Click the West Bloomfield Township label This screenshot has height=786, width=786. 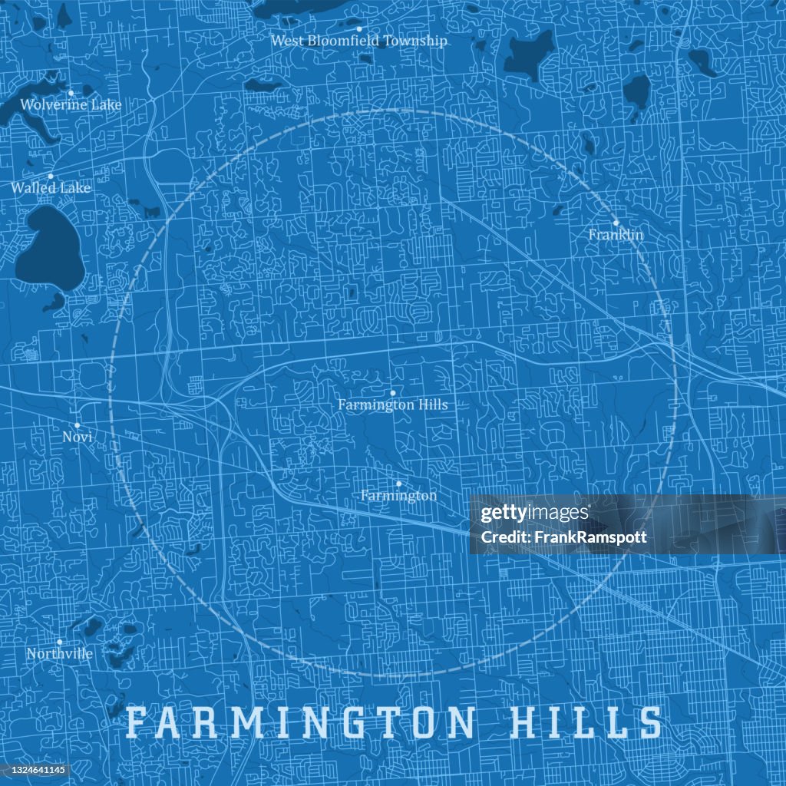click(x=358, y=41)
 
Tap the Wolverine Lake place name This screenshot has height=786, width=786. click(x=71, y=104)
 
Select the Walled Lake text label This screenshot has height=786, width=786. click(x=51, y=188)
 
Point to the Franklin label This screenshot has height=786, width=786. click(x=616, y=235)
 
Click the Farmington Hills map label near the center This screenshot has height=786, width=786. click(x=392, y=405)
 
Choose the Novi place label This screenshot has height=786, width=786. click(x=78, y=437)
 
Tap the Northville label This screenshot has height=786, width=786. click(x=59, y=654)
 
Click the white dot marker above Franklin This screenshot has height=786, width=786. click(x=616, y=223)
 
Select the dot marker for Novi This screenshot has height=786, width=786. click(x=78, y=424)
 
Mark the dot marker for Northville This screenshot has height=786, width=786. click(x=59, y=642)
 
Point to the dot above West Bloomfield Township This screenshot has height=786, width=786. click(x=358, y=28)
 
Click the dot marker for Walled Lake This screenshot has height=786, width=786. click(x=51, y=176)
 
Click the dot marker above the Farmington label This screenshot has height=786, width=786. click(x=398, y=484)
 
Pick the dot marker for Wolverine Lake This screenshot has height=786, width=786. click(x=71, y=93)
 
